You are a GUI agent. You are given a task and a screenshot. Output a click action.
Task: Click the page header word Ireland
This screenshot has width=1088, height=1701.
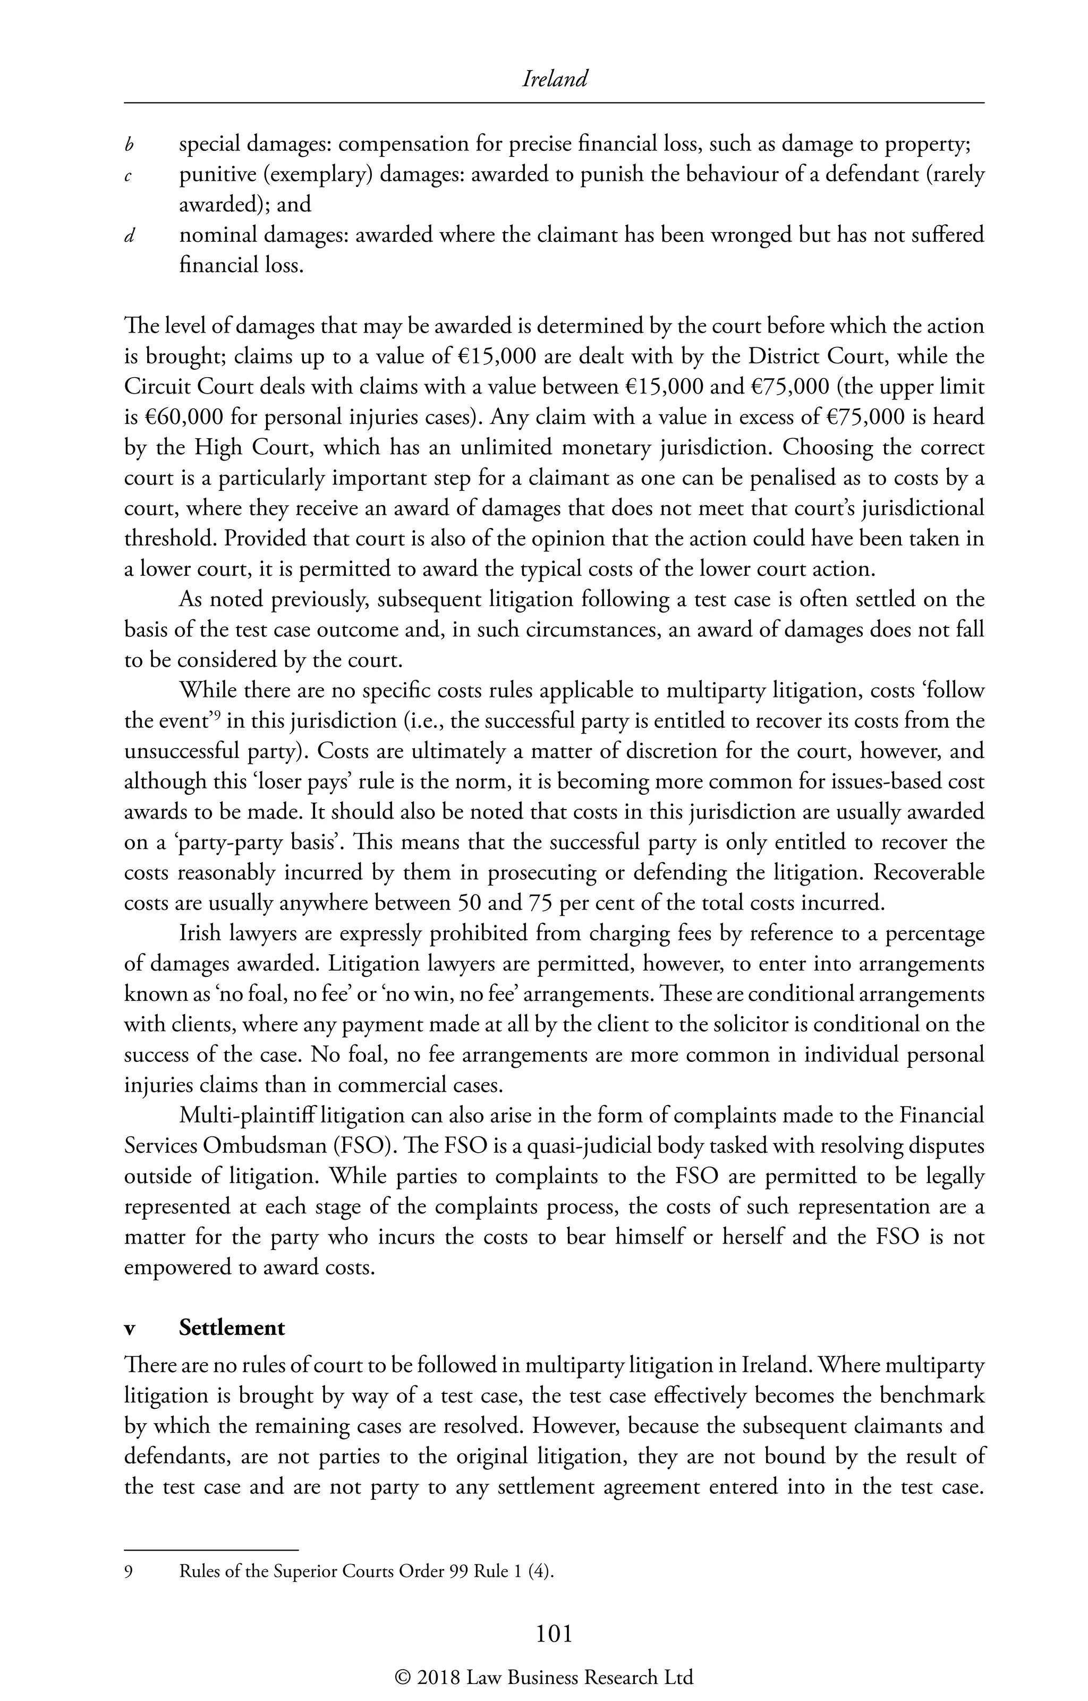click(x=554, y=79)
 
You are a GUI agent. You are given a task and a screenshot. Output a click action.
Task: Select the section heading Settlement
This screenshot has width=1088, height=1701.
click(x=232, y=1328)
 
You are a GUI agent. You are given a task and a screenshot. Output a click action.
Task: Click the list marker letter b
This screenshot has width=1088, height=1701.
click(x=129, y=146)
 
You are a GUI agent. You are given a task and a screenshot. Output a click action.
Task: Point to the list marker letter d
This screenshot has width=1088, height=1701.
click(x=129, y=236)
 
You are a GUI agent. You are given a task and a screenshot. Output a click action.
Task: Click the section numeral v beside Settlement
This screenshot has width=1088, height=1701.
click(x=129, y=1329)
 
